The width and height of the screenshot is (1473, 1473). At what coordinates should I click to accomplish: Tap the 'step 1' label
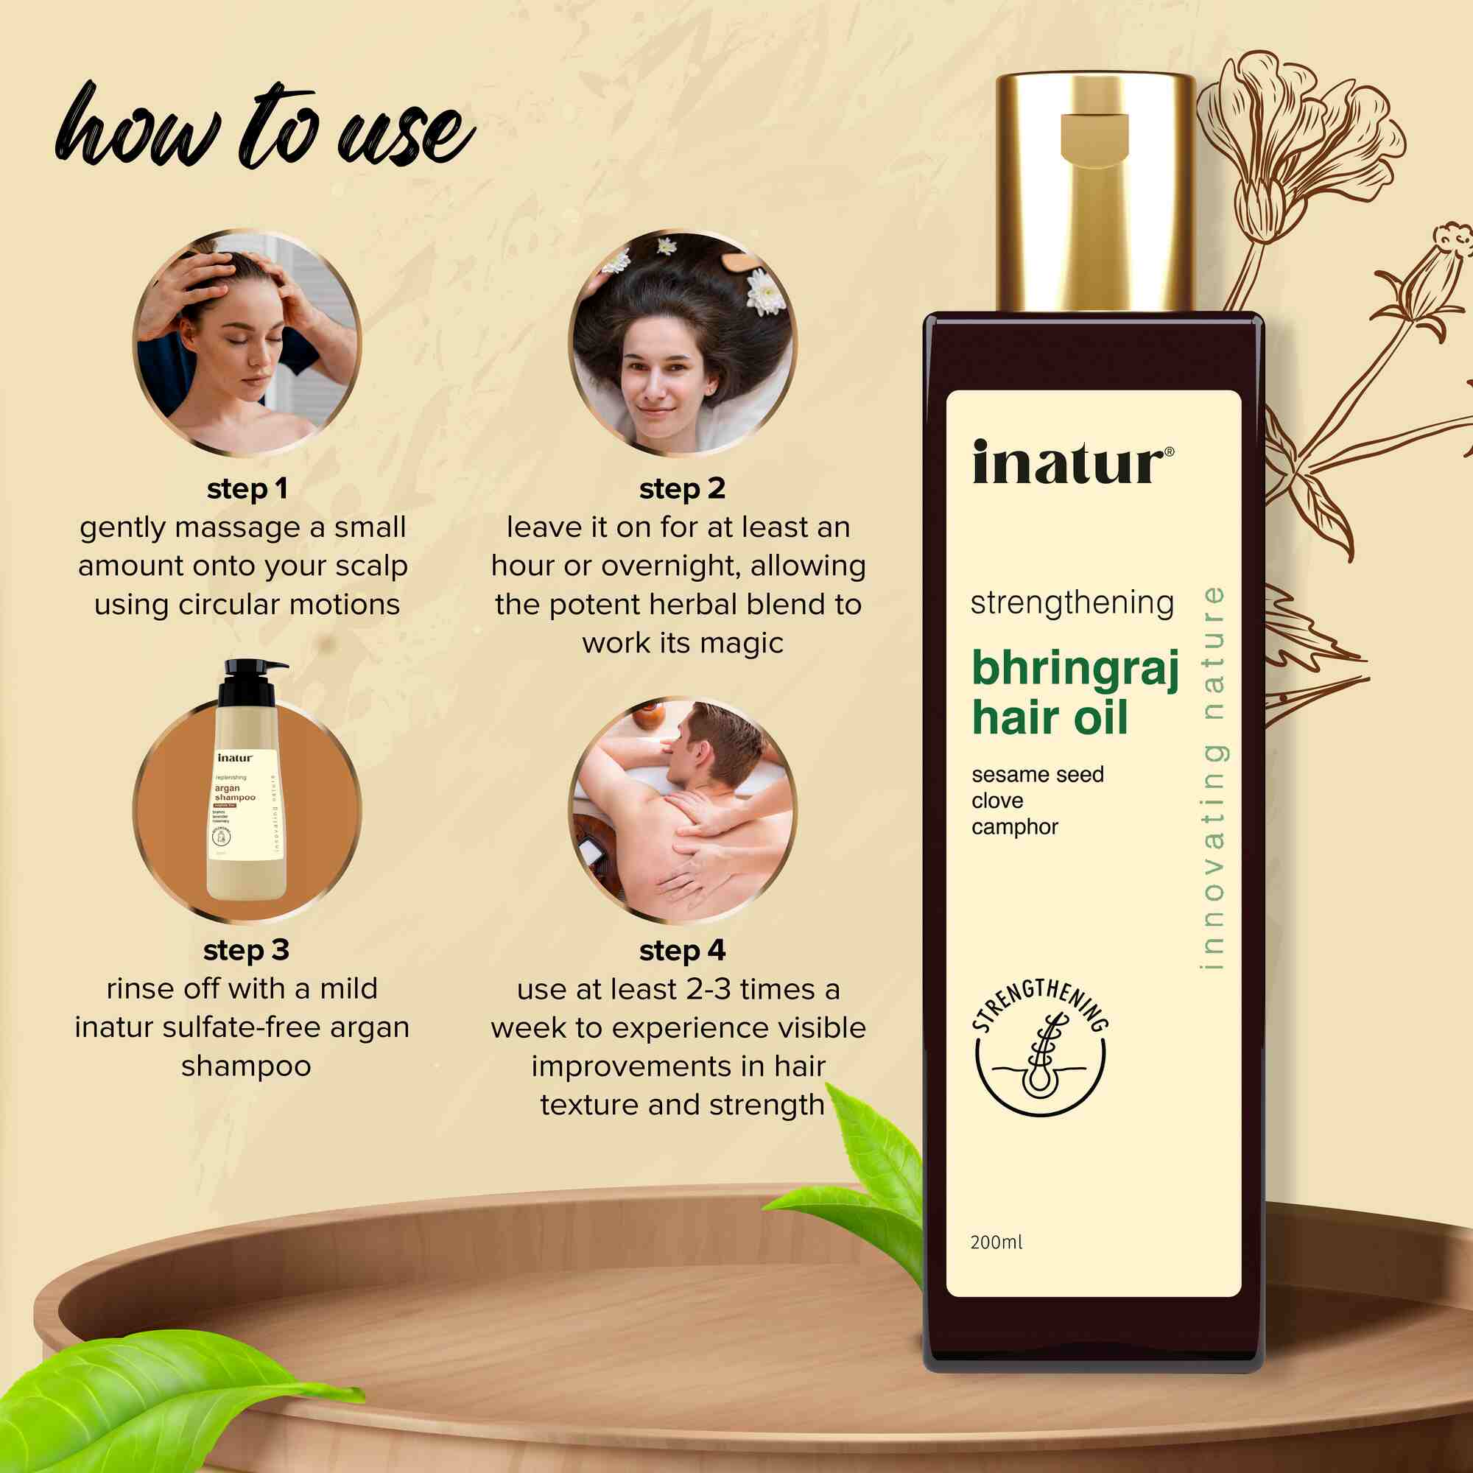[247, 489]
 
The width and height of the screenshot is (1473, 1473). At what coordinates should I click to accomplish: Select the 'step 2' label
[681, 489]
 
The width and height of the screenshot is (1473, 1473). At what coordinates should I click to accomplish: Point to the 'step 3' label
[246, 950]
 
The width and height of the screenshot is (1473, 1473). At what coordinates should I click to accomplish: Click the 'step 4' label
[681, 951]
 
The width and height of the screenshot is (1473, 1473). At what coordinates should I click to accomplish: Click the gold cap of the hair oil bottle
[1095, 191]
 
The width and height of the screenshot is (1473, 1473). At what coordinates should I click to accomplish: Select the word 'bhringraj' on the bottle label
[1075, 669]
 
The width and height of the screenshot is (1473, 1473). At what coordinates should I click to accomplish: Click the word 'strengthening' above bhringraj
[1071, 603]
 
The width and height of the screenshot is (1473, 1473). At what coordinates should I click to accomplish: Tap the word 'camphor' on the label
[1014, 827]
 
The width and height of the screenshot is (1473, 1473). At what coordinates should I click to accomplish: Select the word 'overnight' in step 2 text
[669, 566]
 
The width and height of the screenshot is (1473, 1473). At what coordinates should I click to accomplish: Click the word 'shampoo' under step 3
[246, 1066]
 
